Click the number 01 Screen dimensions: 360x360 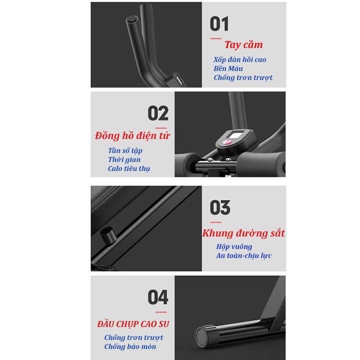(219, 24)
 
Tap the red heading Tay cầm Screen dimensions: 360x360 (243, 44)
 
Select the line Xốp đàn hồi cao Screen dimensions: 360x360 (240, 59)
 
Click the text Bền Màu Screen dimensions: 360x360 (228, 68)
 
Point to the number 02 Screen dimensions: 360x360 (158, 113)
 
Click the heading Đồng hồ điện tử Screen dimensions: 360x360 (132, 135)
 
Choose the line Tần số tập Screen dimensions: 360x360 (125, 150)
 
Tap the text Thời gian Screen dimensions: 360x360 (124, 159)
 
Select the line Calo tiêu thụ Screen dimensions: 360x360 (129, 169)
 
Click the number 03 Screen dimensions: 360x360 (220, 207)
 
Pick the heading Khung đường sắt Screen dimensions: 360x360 (243, 233)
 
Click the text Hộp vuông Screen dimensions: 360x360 (234, 246)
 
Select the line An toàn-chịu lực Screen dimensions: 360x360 (244, 255)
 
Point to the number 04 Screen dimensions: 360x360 (158, 297)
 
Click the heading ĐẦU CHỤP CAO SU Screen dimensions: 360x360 (133, 324)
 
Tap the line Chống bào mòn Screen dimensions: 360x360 (130, 346)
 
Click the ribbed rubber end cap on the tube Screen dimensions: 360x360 (205, 336)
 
